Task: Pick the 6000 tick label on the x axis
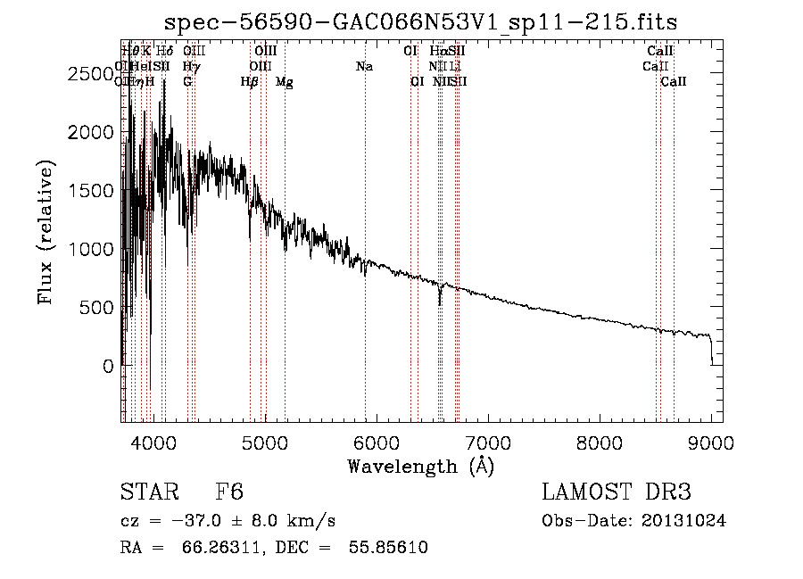(377, 442)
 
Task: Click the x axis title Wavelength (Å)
(420, 466)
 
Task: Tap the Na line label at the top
(364, 67)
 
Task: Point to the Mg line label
(284, 82)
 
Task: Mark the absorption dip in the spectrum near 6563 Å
(439, 302)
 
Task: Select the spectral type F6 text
(229, 492)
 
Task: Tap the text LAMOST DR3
(617, 492)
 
